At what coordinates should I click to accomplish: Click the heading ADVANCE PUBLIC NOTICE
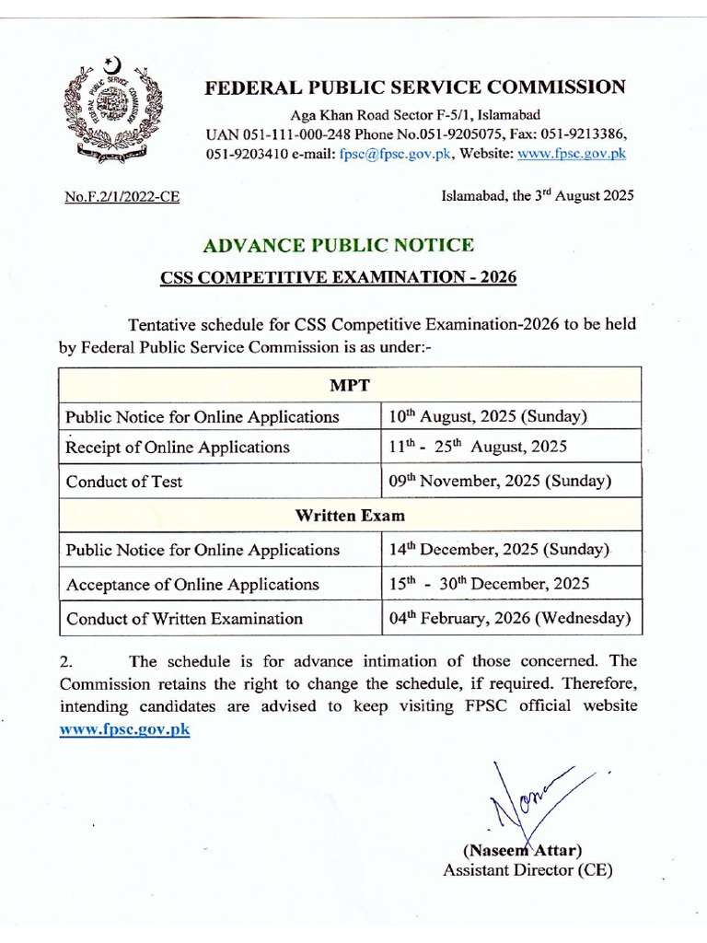[x=338, y=245]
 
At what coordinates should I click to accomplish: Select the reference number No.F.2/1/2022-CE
[x=122, y=196]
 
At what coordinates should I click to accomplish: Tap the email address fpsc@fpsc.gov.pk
[x=395, y=154]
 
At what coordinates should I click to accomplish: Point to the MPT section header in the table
[x=349, y=382]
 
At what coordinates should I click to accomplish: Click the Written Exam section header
[x=349, y=516]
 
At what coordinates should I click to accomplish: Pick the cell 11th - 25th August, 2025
[x=478, y=448]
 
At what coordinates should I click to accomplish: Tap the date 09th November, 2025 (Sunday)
[x=499, y=481]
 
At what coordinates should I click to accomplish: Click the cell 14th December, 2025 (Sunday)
[x=499, y=550]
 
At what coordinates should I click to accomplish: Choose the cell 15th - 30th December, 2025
[x=489, y=584]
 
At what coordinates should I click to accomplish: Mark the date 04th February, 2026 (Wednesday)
[x=509, y=618]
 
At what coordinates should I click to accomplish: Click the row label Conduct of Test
[x=124, y=481]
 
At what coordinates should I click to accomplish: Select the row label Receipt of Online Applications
[x=178, y=448]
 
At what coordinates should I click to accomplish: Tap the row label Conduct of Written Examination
[x=184, y=618]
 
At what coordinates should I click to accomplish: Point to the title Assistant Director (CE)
[x=527, y=869]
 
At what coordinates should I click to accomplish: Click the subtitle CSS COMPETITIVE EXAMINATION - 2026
[x=339, y=277]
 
